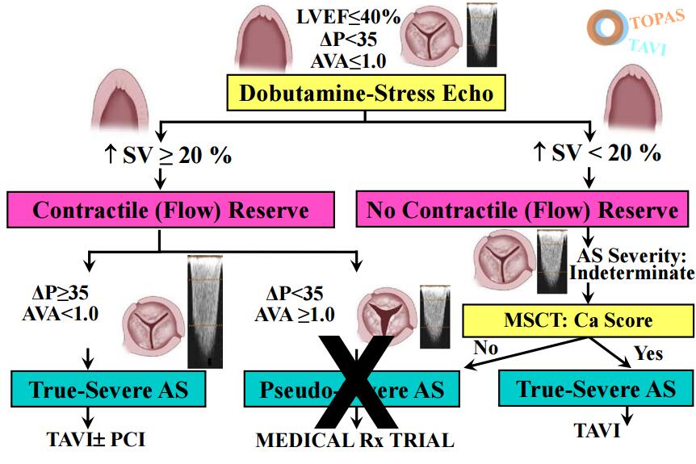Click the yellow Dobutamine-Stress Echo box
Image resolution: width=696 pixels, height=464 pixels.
[366, 94]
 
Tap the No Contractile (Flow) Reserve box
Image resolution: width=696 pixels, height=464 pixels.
[522, 211]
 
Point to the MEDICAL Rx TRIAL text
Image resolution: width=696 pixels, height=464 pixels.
[355, 441]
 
